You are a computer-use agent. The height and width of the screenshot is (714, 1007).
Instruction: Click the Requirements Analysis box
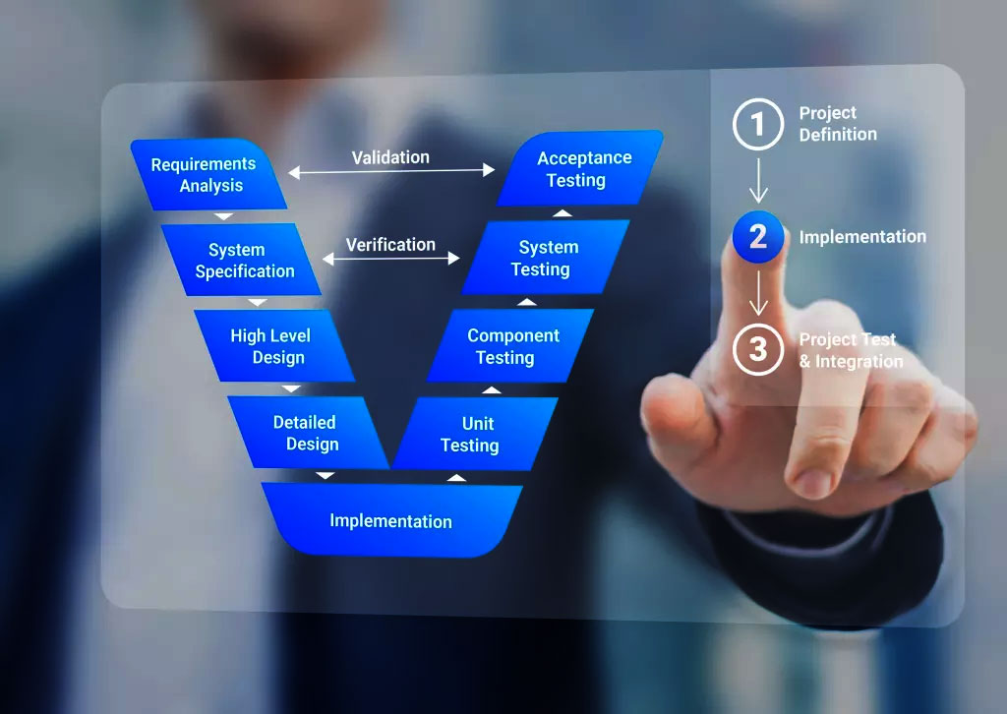point(208,175)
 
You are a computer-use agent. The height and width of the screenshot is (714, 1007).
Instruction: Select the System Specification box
point(242,260)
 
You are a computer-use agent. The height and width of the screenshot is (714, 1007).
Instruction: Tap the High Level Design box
point(275,346)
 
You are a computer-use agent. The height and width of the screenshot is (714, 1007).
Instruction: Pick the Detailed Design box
point(308,433)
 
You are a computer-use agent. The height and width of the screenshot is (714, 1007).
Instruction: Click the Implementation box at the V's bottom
point(391,520)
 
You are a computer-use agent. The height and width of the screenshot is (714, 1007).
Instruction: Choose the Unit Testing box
point(475,434)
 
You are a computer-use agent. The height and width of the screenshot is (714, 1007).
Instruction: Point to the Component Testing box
point(510,346)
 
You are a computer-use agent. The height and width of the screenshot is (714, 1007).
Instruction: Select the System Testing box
point(546,258)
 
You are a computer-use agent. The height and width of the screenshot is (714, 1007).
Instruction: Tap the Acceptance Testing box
point(580,169)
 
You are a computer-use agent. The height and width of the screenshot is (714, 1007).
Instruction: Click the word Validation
point(390,157)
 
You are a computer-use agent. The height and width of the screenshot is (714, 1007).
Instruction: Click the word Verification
point(390,245)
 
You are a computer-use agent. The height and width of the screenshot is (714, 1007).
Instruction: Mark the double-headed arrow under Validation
point(391,171)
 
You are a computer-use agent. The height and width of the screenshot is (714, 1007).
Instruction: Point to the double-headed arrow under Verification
point(391,258)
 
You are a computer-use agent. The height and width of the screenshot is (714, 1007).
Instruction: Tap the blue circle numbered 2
point(758,237)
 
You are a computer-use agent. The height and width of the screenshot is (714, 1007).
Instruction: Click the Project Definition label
point(838,123)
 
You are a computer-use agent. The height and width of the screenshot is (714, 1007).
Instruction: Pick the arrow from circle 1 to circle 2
point(758,180)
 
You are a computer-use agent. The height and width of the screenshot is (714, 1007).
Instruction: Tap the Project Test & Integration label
point(851,350)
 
